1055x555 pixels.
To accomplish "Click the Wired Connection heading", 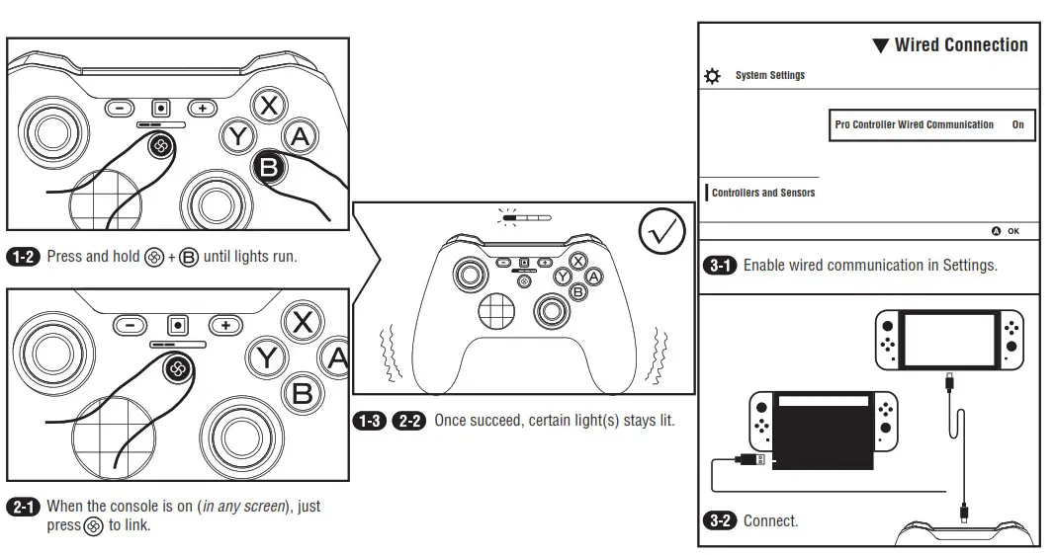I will coord(950,45).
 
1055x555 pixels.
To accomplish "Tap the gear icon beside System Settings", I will coord(712,76).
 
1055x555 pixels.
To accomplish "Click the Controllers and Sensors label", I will coord(762,193).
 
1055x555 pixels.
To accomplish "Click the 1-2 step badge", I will coord(23,257).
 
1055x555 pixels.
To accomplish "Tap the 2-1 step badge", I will coord(23,507).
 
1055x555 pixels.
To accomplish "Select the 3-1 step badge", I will coord(721,265).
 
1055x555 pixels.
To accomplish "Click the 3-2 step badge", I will coord(721,520).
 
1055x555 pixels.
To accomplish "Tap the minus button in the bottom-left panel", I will coord(131,324).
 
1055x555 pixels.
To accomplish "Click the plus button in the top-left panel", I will coord(203,108).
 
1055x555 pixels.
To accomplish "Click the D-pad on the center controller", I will coord(497,312).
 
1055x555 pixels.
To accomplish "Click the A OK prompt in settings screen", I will coord(1005,231).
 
